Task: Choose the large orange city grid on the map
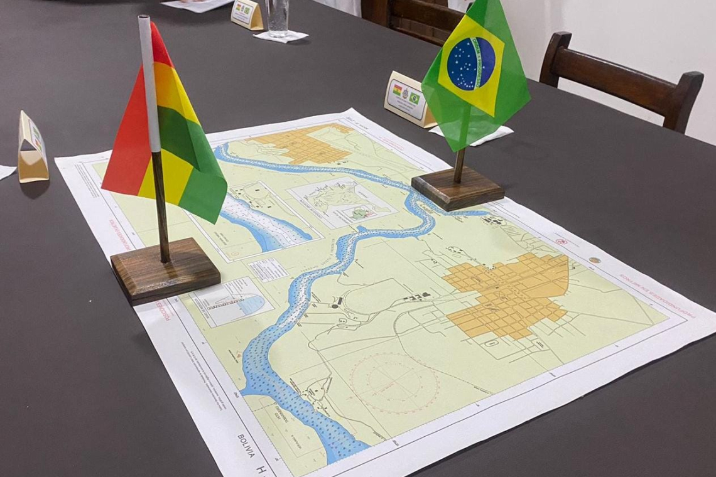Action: click(507, 294)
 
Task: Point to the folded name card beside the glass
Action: click(246, 14)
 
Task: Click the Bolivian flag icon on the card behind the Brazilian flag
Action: click(397, 90)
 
